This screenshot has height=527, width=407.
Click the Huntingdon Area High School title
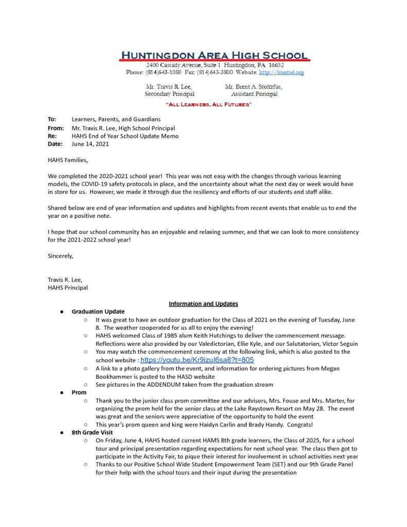214,56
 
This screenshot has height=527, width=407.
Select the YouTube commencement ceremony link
197,360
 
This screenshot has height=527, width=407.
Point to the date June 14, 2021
90,145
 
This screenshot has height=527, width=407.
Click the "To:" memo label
52,119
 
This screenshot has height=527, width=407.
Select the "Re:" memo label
52,136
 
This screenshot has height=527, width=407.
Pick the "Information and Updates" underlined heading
203,304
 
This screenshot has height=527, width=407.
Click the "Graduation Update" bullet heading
98,311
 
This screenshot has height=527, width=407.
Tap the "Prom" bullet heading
79,393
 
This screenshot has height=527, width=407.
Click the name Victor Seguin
338,344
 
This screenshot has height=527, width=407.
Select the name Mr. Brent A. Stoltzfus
254,87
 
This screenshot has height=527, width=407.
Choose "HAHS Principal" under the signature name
68,288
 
